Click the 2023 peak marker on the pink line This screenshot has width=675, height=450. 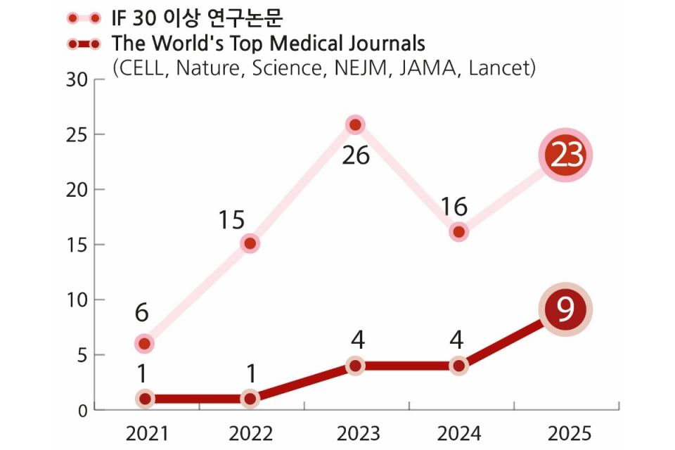click(x=355, y=125)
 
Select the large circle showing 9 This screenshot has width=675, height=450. click(x=565, y=309)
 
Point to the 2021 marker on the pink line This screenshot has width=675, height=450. click(x=144, y=344)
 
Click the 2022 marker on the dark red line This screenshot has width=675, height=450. click(x=250, y=399)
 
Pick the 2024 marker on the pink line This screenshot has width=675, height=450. click(x=459, y=232)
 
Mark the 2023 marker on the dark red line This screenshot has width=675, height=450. click(x=355, y=366)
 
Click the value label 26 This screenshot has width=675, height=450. click(x=356, y=155)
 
